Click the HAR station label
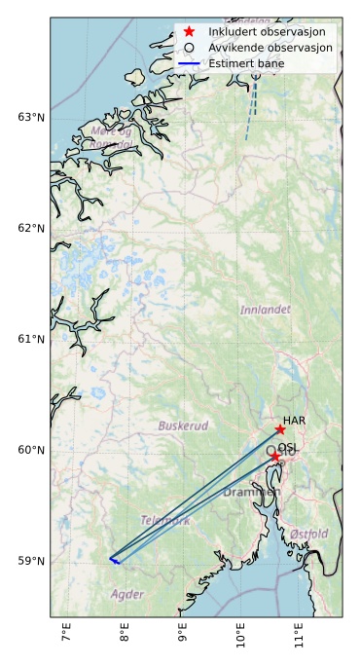(294, 420)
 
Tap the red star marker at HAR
(280, 429)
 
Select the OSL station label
(288, 448)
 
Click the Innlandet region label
(265, 310)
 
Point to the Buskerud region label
(183, 426)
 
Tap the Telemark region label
(165, 521)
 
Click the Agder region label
(127, 594)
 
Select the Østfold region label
(308, 535)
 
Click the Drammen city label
(252, 493)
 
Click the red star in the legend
(190, 31)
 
